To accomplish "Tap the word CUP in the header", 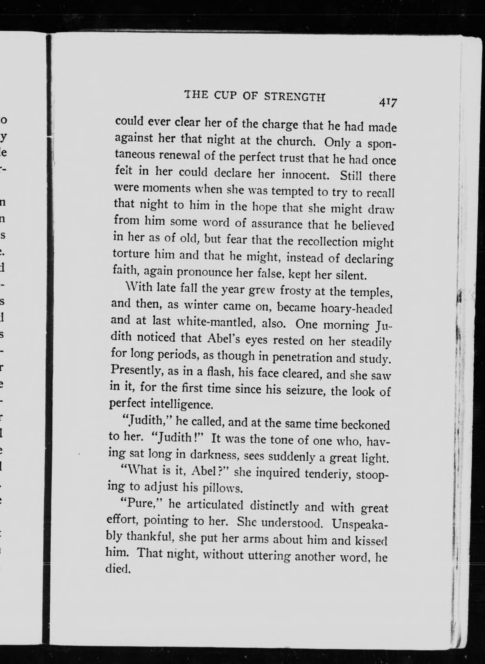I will [x=225, y=96].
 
